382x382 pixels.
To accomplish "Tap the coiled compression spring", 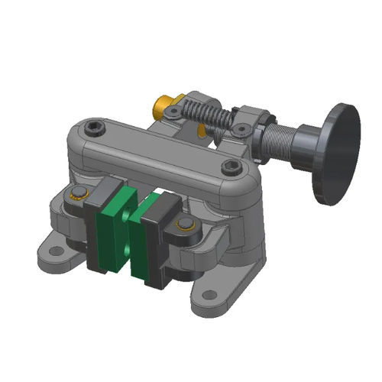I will pos(206,114).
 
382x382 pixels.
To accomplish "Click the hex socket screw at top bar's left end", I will pos(95,125).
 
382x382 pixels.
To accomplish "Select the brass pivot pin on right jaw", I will pos(184,225).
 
